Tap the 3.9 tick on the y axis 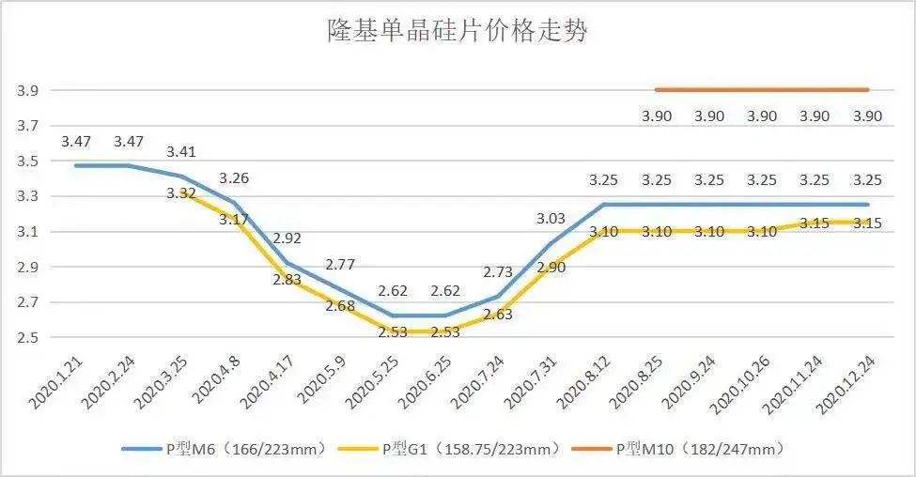click(x=26, y=91)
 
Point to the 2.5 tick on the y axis click(x=26, y=338)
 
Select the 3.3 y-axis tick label click(x=26, y=197)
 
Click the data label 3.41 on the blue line click(x=182, y=151)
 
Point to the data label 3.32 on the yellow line click(x=180, y=193)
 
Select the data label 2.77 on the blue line click(x=339, y=264)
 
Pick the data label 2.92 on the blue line click(x=287, y=238)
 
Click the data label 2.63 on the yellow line click(x=497, y=315)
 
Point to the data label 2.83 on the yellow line click(x=287, y=279)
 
